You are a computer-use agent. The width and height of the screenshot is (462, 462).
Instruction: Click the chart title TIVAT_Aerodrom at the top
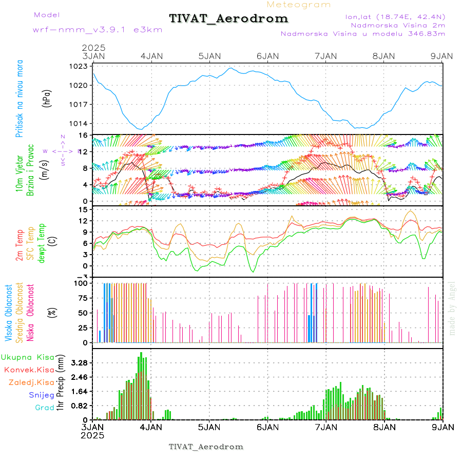pos(228,18)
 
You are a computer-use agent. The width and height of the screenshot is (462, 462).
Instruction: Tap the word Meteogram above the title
pos(299,5)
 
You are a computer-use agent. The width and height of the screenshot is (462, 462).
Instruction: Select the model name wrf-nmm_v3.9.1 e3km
pos(98,29)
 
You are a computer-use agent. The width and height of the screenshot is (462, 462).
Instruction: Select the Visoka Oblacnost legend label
pos(9,312)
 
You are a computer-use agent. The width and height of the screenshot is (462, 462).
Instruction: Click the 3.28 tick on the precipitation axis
pos(80,363)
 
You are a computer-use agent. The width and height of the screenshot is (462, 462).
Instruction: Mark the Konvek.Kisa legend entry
pos(29,370)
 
